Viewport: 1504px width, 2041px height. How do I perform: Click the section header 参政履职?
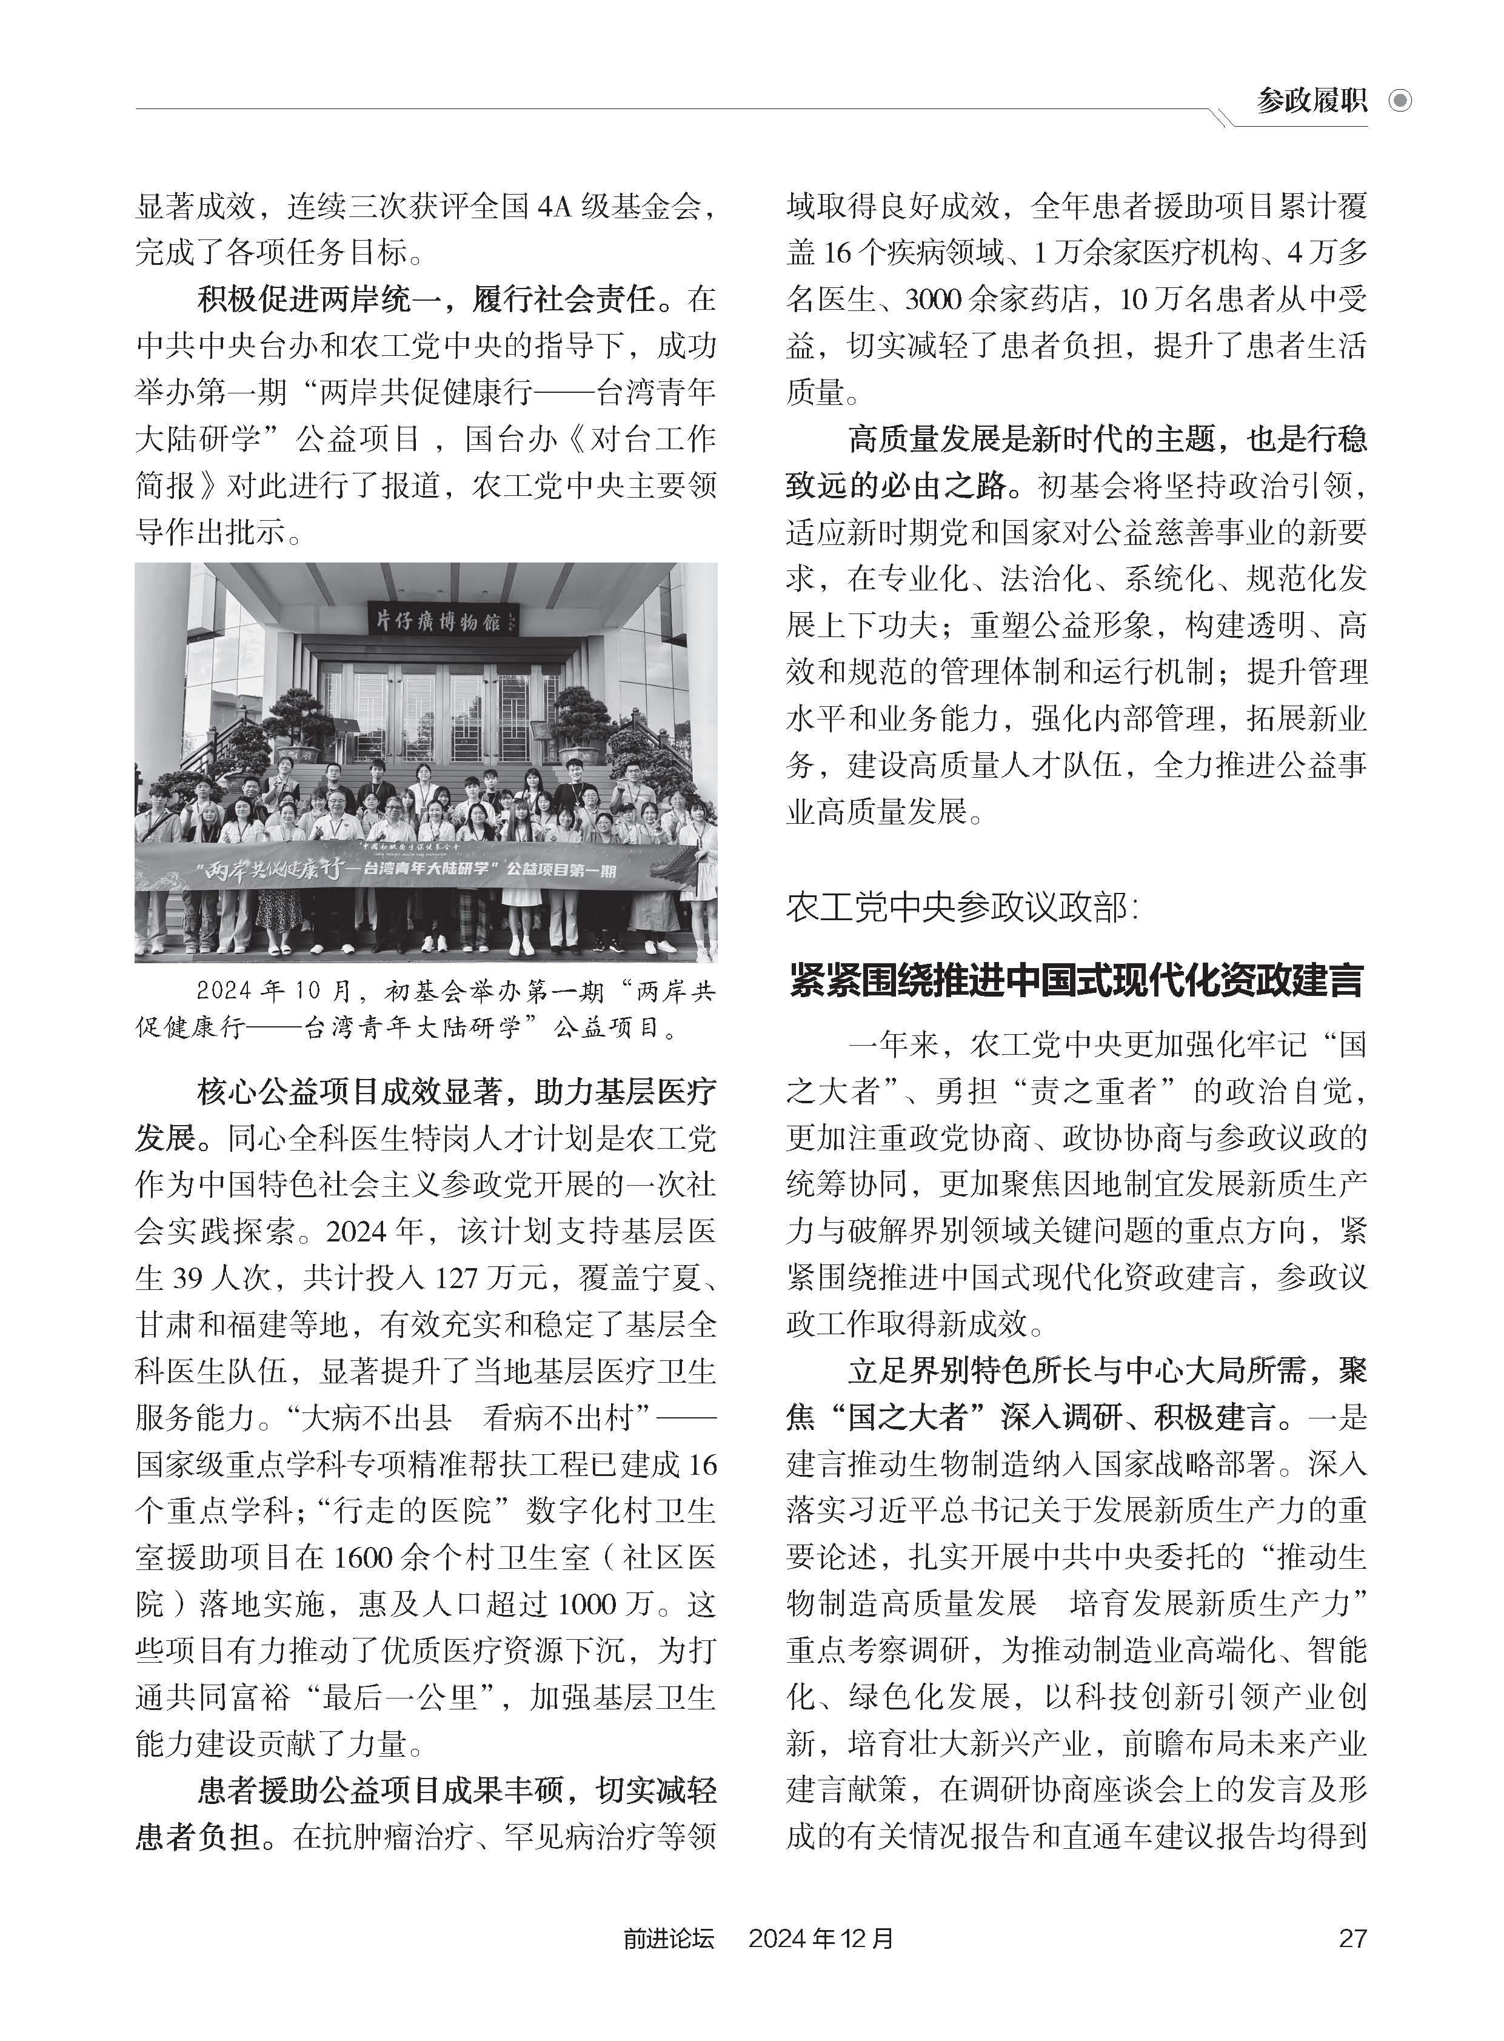click(x=1311, y=99)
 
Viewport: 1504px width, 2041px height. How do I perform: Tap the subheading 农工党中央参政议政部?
click(x=956, y=907)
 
